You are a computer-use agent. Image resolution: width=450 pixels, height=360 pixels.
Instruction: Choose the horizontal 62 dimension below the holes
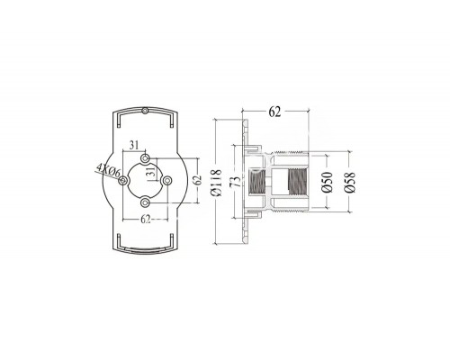click(x=145, y=219)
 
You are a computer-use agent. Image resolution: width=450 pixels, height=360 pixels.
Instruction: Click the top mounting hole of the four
click(x=145, y=159)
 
